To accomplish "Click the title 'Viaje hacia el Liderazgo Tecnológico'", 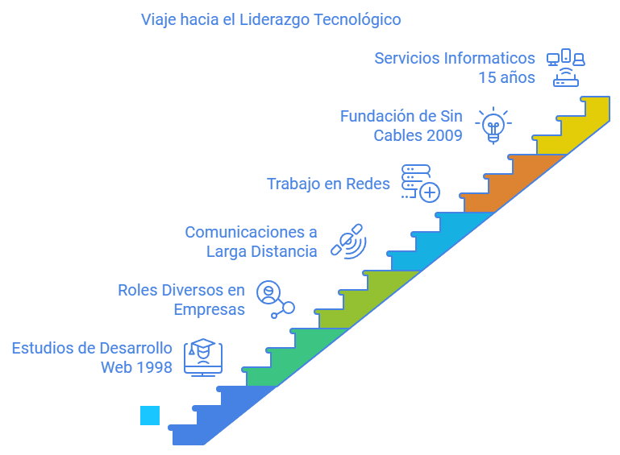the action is point(271,20).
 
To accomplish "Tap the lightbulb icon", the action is point(493,125).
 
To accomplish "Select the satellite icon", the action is point(349,242).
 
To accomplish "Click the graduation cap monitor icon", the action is point(203,358).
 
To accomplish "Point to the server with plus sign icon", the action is point(420,184).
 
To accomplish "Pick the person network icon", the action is point(276,300).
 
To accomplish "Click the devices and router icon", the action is point(566,68).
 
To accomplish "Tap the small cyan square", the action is point(150,416).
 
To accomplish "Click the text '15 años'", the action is point(507,78).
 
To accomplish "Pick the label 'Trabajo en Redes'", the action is point(328,184).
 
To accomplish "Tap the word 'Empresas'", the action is point(209,310).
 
